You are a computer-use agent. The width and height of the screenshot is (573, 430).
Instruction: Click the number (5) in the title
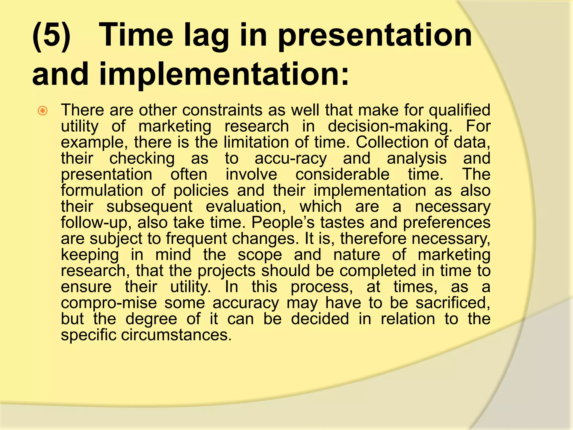[x=51, y=36]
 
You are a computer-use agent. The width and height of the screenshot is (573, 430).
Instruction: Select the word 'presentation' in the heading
[x=375, y=36]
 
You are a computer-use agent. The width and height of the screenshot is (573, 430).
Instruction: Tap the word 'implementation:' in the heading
[x=224, y=74]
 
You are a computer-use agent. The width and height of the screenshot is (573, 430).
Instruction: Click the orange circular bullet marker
[x=43, y=111]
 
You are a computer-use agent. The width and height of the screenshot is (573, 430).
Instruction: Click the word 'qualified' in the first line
[x=459, y=110]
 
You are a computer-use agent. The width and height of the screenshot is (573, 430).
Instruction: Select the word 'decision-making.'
[x=390, y=127]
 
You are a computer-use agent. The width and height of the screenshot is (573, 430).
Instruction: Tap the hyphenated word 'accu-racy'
[x=290, y=159]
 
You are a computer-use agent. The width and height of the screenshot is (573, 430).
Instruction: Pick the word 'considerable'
[x=342, y=174]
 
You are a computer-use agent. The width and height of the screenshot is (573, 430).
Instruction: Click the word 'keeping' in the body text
[x=90, y=255]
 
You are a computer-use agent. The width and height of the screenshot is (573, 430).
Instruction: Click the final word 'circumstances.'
[x=176, y=335]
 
